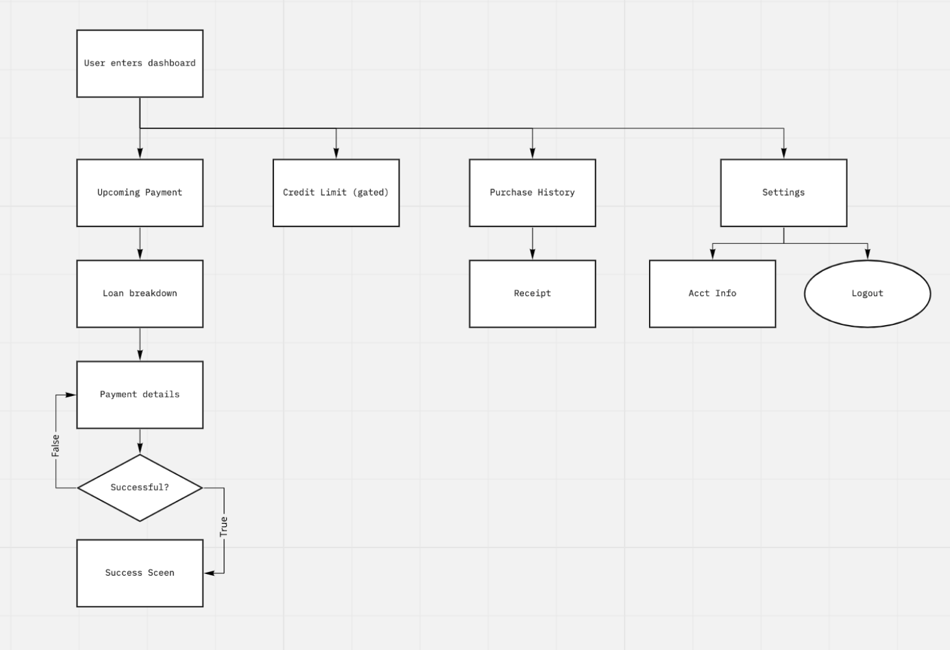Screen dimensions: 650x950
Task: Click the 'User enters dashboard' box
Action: point(139,63)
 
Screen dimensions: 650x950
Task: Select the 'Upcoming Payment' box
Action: point(139,192)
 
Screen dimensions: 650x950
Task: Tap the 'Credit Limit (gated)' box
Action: point(336,192)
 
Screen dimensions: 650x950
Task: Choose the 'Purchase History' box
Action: point(532,192)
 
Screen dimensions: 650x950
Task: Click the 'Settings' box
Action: point(783,192)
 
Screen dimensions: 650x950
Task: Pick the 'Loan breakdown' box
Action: point(139,294)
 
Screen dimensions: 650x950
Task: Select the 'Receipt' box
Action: point(532,294)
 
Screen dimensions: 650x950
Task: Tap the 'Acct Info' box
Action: point(712,294)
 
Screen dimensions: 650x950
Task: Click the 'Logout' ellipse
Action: point(867,294)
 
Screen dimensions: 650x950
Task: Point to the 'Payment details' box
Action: point(139,395)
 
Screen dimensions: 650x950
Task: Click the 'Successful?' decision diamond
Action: point(139,488)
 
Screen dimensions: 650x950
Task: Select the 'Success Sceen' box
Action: point(139,573)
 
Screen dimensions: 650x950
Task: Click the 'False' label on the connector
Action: point(55,445)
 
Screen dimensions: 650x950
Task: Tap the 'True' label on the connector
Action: point(224,527)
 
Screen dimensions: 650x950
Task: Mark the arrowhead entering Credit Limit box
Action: point(336,153)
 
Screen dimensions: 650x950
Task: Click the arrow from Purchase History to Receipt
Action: point(532,243)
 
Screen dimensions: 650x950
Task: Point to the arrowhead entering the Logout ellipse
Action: point(868,255)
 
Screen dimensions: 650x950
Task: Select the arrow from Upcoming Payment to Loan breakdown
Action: point(139,243)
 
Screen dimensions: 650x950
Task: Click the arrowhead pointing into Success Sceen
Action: point(210,573)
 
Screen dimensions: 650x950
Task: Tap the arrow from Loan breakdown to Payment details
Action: point(139,344)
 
